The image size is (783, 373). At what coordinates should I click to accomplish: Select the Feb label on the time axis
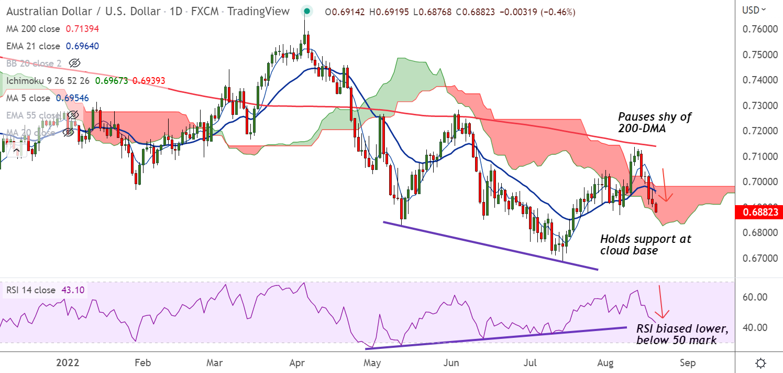142,363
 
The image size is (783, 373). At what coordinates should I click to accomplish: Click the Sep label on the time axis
688,363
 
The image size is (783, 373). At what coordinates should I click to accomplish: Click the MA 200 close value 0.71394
82,29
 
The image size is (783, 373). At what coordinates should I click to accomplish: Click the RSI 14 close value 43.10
74,290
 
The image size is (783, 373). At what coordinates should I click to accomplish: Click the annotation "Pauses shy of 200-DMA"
655,122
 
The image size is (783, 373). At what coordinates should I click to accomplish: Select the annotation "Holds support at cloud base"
645,245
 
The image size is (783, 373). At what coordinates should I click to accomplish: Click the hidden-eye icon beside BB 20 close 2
75,63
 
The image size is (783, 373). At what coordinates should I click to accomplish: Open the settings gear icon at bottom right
762,363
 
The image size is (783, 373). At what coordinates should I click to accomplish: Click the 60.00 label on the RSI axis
755,297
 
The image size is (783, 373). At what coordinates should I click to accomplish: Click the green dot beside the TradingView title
307,11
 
